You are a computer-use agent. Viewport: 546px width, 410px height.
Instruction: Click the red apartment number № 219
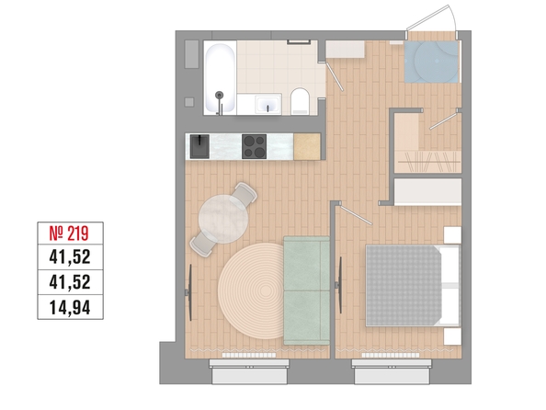tap(69, 233)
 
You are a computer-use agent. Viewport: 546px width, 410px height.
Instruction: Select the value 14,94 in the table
tap(70, 308)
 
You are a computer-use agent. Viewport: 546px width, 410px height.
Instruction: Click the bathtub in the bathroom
tap(220, 78)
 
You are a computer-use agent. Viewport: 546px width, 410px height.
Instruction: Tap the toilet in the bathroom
tap(300, 101)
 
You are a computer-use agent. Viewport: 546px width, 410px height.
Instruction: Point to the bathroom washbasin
tap(267, 104)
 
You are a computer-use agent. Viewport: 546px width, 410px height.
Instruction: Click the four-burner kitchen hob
tap(255, 146)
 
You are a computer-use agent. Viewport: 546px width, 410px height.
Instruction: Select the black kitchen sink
tap(199, 146)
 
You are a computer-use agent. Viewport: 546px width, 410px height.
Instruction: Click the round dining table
tap(223, 219)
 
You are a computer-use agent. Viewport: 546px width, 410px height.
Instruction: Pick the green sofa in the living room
tap(306, 290)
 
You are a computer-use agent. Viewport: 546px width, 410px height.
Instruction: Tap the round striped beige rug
tap(252, 291)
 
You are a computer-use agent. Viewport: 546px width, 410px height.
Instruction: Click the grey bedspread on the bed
tap(404, 285)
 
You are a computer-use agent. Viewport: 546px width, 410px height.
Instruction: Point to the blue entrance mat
tap(431, 62)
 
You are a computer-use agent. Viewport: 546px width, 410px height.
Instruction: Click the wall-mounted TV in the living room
tap(189, 292)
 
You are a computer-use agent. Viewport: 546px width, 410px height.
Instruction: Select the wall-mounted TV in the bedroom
tap(339, 285)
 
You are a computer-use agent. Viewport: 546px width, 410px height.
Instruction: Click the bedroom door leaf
tap(356, 215)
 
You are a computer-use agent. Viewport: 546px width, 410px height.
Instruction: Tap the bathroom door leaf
tap(335, 76)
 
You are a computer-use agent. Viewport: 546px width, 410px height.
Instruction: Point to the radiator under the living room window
tap(249, 356)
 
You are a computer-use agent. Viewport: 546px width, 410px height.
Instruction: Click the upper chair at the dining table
tap(245, 193)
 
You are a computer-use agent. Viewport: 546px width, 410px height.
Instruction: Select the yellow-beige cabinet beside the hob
tap(307, 146)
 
